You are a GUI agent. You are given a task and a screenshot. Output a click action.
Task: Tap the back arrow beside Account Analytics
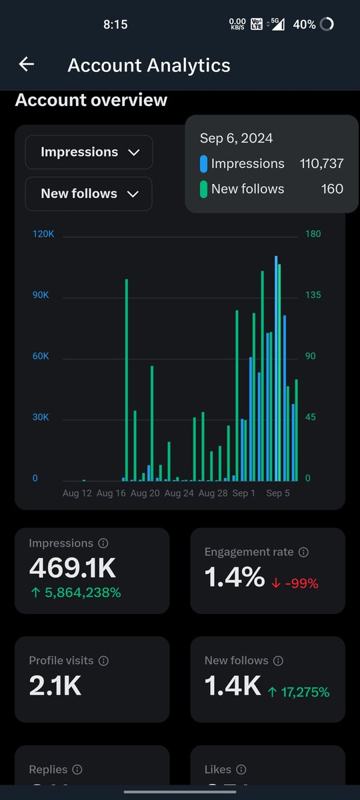click(x=26, y=64)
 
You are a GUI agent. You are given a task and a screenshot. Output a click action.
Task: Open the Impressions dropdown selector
click(x=89, y=152)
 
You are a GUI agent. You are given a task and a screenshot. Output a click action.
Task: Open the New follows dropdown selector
click(x=89, y=193)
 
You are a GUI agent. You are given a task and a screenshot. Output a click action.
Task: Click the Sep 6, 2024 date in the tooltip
click(x=236, y=139)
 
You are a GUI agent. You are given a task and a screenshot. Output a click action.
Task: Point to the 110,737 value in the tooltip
click(x=321, y=164)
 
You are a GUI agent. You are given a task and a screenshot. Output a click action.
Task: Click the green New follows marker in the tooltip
click(x=204, y=189)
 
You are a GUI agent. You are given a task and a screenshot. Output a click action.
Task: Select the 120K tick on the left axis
click(x=43, y=234)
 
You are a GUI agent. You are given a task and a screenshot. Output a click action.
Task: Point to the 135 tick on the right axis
click(x=313, y=295)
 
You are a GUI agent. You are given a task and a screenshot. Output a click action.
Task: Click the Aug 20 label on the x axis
click(x=145, y=494)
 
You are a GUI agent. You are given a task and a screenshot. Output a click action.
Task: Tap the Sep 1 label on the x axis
click(x=244, y=494)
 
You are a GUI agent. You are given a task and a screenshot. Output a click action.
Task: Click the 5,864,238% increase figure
click(x=75, y=592)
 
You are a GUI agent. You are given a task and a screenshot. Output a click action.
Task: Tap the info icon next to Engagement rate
click(x=303, y=553)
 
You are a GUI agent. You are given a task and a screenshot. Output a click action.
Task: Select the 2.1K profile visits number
click(x=55, y=685)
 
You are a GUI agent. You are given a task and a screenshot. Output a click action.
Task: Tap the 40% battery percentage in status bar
click(x=304, y=25)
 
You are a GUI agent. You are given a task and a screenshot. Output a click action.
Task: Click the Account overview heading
click(x=91, y=101)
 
